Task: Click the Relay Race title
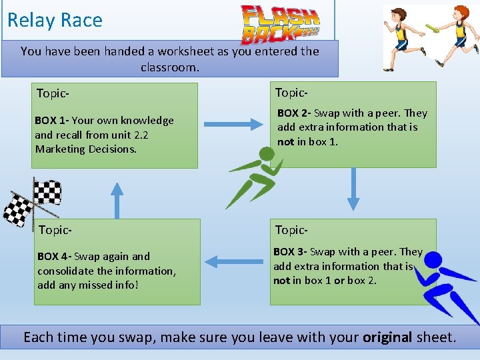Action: click(x=55, y=20)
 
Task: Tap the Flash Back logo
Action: click(x=280, y=24)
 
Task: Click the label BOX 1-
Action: click(x=51, y=121)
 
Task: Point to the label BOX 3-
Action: click(x=290, y=252)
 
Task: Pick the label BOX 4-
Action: click(x=54, y=257)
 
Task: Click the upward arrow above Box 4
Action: click(x=117, y=200)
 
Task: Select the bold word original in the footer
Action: click(x=387, y=337)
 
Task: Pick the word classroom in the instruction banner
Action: click(x=169, y=67)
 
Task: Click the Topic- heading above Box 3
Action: click(x=291, y=230)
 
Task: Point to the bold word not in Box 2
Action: click(x=285, y=141)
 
